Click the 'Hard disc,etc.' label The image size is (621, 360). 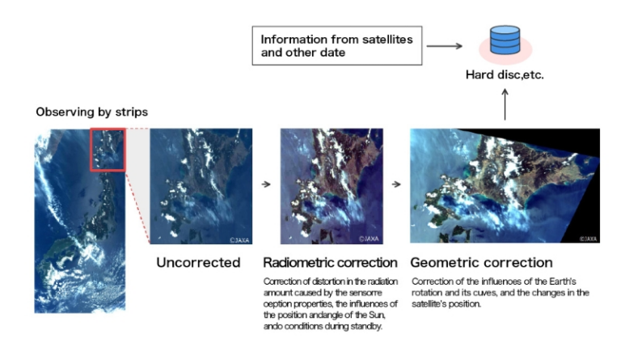pos(505,74)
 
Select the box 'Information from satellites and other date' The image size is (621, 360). pos(337,45)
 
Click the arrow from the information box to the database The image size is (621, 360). pos(444,45)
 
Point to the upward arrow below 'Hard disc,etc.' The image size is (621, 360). pos(505,104)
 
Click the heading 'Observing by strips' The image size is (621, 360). pos(91,112)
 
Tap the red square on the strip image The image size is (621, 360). pos(105,148)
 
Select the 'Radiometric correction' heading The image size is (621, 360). pos(330,263)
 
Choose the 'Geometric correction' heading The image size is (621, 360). pos(481,263)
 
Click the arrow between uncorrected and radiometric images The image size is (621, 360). pos(266,184)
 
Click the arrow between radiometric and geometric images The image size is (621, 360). pos(395,184)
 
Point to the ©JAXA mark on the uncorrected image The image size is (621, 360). pos(239,239)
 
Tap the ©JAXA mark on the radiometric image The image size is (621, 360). pos(370,239)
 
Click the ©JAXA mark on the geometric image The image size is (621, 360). pos(588,239)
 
